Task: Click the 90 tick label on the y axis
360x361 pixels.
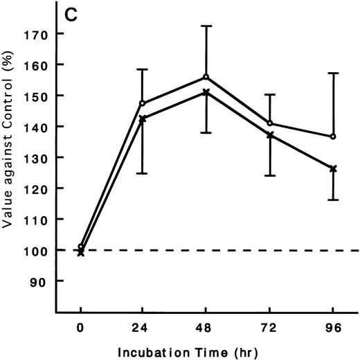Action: [41, 281]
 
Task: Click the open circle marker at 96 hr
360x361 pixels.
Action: [333, 137]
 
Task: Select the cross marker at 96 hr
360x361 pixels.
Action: [333, 168]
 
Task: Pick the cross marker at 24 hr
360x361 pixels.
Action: [143, 118]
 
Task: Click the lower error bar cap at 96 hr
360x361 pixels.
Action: [333, 200]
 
